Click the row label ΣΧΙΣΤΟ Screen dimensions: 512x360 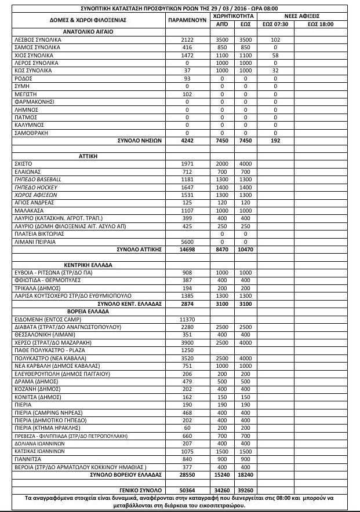point(23,164)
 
